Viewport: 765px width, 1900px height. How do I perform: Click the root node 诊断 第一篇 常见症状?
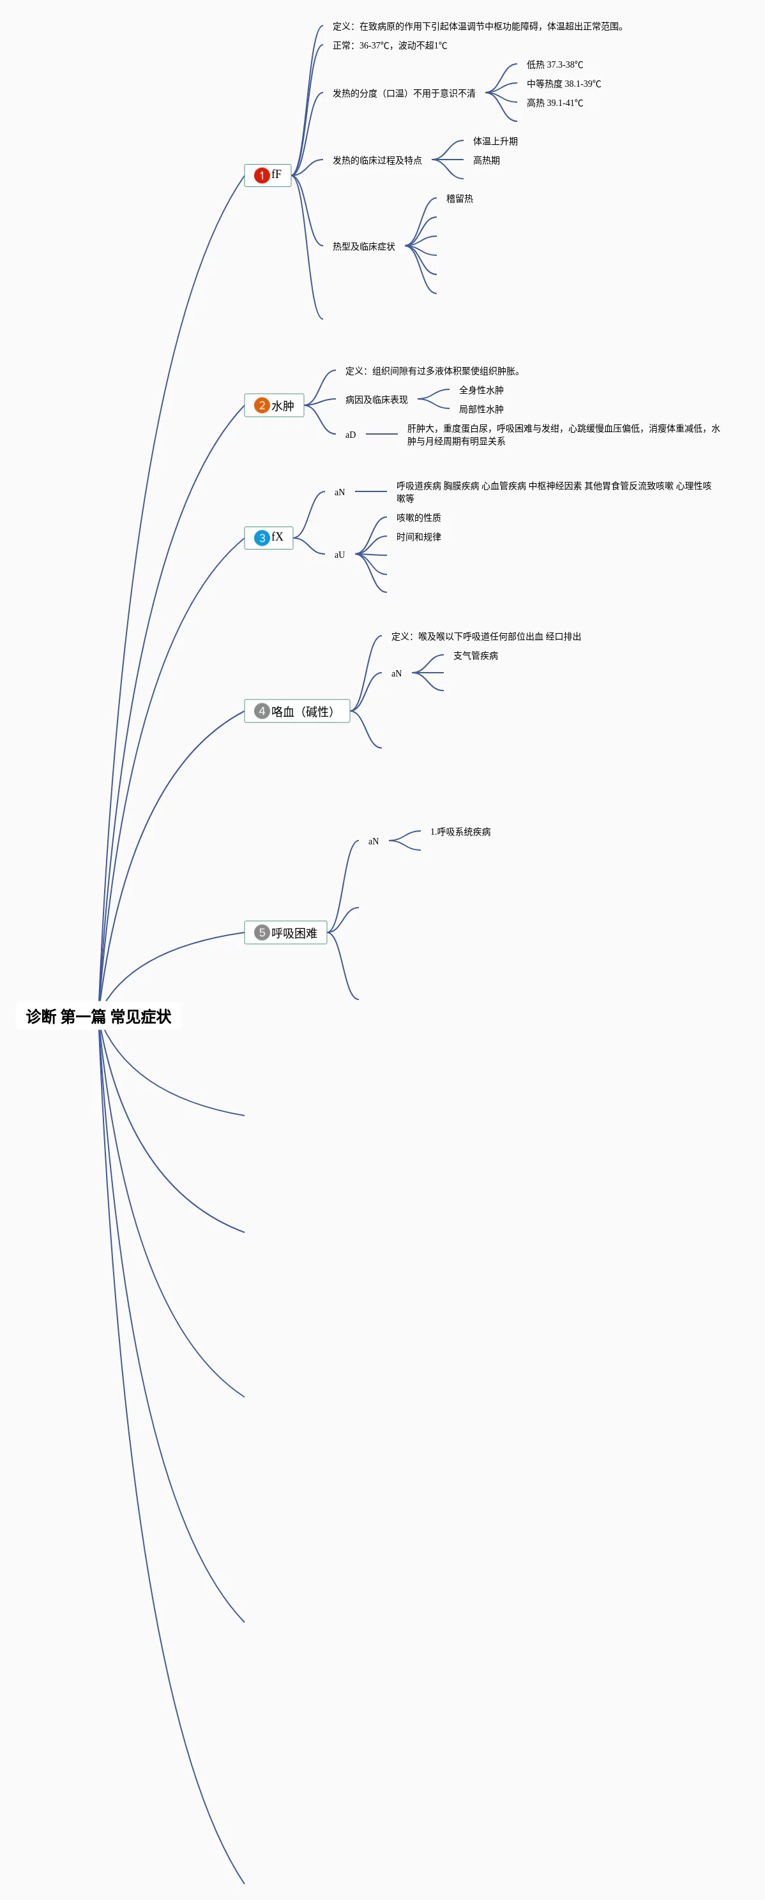pos(98,1017)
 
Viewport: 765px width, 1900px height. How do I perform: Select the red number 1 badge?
pos(261,175)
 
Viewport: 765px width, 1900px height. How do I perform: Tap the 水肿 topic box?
pos(275,406)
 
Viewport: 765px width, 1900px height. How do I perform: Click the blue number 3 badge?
pos(262,537)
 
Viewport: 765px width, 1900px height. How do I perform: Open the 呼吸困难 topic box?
pos(285,932)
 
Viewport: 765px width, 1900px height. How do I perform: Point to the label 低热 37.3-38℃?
pos(555,65)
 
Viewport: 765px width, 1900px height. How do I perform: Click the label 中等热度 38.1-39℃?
pos(564,84)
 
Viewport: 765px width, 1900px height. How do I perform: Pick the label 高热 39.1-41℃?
pos(555,103)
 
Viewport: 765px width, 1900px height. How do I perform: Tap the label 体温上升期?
pos(495,141)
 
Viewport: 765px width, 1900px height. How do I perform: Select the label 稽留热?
pos(460,198)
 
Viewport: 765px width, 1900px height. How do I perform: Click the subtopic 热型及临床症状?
pos(364,246)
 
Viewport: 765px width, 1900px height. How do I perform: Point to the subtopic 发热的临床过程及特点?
pos(377,160)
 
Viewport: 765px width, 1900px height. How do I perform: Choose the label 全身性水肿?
pos(481,390)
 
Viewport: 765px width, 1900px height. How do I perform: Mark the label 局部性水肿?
pos(481,409)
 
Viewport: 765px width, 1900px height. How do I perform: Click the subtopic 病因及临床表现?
pos(376,400)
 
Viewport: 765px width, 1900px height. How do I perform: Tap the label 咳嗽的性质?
pos(418,518)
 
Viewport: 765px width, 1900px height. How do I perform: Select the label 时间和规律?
pos(418,537)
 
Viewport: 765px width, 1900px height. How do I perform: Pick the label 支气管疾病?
pos(475,655)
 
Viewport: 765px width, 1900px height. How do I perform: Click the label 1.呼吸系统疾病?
pos(460,832)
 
